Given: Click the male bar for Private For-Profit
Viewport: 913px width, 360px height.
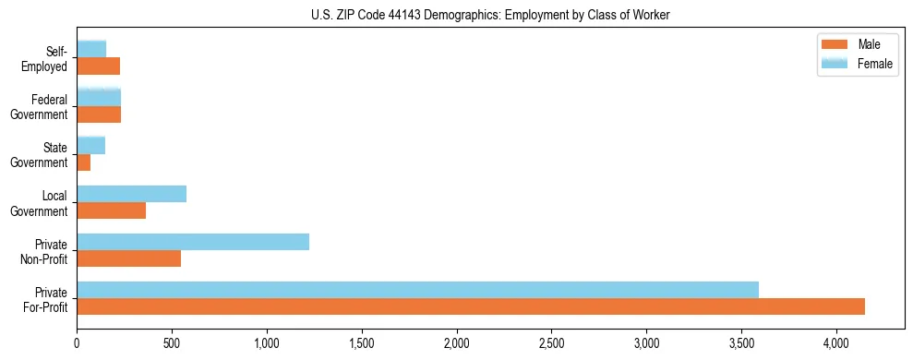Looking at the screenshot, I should click(x=471, y=306).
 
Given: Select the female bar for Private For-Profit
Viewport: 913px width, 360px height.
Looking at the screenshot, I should click(x=417, y=290).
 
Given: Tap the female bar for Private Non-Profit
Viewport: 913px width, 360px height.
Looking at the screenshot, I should click(x=193, y=242).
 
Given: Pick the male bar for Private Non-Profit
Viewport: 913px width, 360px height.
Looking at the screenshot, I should click(x=128, y=258).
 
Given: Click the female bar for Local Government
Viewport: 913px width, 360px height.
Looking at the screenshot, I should click(x=131, y=194).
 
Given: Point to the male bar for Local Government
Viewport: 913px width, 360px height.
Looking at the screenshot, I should click(x=111, y=210).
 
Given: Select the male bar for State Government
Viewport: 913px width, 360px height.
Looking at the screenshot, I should click(x=83, y=162).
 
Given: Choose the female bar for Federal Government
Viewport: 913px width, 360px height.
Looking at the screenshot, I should click(x=99, y=97).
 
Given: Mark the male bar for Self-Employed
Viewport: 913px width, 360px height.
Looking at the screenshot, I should click(x=98, y=66).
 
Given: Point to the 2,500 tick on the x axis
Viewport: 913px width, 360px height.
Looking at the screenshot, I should click(x=551, y=342).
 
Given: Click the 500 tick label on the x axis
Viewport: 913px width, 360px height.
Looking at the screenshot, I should click(x=172, y=342).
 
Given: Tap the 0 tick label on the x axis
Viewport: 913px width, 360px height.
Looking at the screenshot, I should click(x=77, y=342).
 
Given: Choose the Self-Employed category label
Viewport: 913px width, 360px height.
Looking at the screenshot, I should click(x=47, y=59).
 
